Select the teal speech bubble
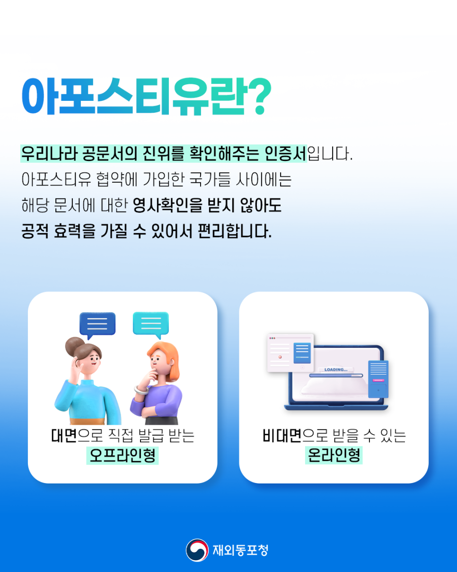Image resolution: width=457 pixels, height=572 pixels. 151,324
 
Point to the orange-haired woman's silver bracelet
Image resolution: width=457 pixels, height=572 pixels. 141,390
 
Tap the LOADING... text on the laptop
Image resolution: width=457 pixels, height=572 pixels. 336,369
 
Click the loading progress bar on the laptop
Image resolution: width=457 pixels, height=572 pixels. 336,375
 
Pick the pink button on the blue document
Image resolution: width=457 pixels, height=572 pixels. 378,380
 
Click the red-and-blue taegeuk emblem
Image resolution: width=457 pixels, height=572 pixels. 197,550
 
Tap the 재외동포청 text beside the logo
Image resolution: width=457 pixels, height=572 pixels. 240,550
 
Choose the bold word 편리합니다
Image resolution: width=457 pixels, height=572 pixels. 235,231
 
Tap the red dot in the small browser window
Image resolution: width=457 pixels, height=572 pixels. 280,357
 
